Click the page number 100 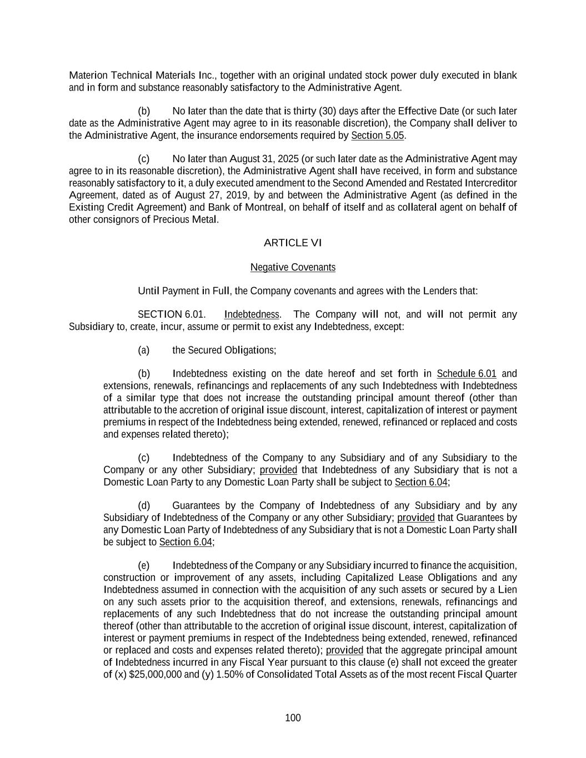pyautogui.click(x=293, y=718)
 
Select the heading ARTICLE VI pyautogui.click(x=293, y=243)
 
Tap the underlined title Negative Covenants pyautogui.click(x=293, y=267)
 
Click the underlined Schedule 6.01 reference pyautogui.click(x=467, y=373)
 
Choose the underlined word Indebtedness pyautogui.click(x=252, y=314)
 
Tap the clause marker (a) pyautogui.click(x=144, y=350)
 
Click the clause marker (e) pyautogui.click(x=144, y=565)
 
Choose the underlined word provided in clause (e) pyautogui.click(x=344, y=650)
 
